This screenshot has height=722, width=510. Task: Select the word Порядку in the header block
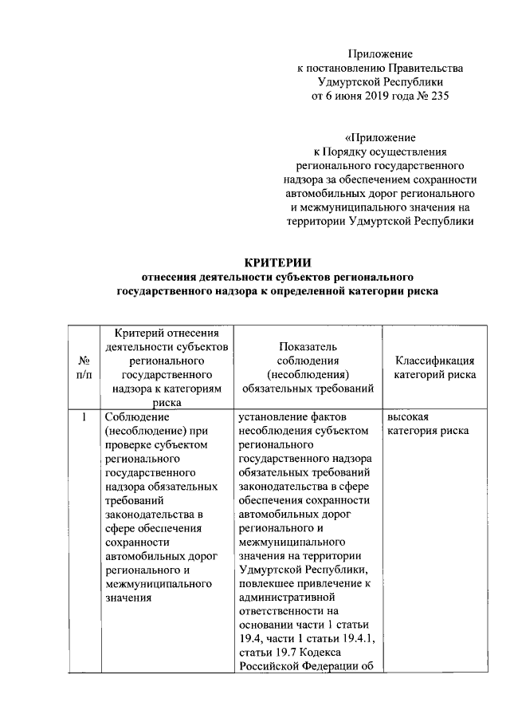tap(349, 151)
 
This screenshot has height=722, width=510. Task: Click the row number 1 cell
tap(83, 417)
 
